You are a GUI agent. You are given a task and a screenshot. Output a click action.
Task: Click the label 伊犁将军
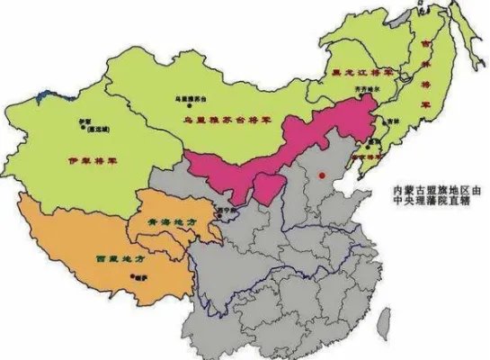(x=92, y=162)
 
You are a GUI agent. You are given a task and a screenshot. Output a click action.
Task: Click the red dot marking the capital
(x=321, y=174)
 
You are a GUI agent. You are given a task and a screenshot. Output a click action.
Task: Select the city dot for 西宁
(x=215, y=206)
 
